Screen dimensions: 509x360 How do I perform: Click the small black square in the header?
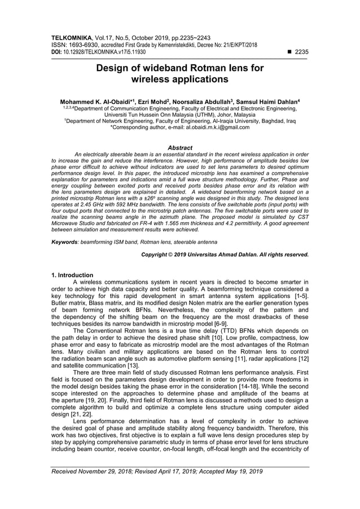(x=289, y=51)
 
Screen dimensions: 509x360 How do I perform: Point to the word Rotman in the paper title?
(x=208, y=69)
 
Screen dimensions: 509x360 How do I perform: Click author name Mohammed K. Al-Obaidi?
(x=95, y=99)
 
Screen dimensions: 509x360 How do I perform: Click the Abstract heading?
(x=180, y=148)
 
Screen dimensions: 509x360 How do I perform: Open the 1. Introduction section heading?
(x=72, y=275)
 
